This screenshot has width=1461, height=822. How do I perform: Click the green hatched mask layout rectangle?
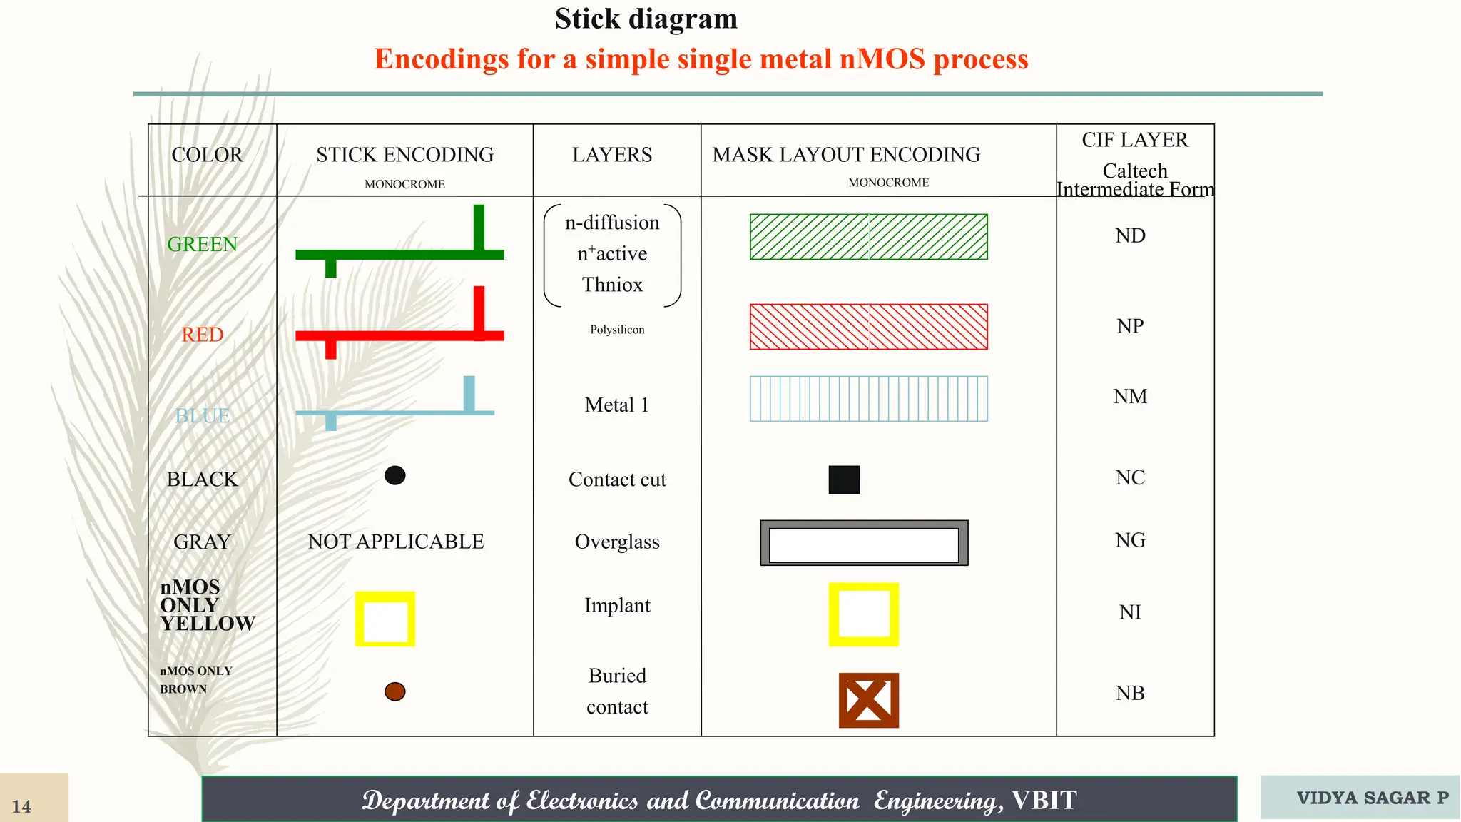click(868, 237)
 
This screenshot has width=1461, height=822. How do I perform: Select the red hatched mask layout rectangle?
click(868, 327)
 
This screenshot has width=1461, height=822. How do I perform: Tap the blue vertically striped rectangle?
click(868, 399)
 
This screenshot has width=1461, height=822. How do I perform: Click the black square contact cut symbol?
click(844, 479)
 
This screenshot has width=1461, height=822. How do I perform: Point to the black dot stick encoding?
click(394, 475)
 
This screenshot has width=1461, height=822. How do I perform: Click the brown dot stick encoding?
click(394, 691)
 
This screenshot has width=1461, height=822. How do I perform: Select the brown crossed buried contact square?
click(868, 700)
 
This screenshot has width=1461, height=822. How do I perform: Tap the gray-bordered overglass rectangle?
click(864, 543)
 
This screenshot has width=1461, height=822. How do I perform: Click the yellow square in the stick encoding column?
click(385, 619)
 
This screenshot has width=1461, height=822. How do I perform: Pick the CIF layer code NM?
click(1130, 397)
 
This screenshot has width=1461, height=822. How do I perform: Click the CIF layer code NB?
click(1130, 693)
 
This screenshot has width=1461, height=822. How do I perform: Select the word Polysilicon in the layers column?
click(617, 330)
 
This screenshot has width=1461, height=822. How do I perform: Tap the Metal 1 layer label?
click(616, 405)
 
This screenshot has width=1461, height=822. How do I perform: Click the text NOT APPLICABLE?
click(396, 542)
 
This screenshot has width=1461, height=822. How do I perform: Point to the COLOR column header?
click(207, 155)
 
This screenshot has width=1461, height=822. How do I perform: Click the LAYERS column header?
click(612, 155)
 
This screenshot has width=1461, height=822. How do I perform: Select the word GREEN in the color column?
click(202, 244)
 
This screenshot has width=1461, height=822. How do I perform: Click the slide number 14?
click(21, 806)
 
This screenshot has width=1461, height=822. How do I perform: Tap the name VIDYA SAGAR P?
click(1373, 798)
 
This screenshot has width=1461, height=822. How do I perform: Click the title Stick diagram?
click(646, 19)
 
